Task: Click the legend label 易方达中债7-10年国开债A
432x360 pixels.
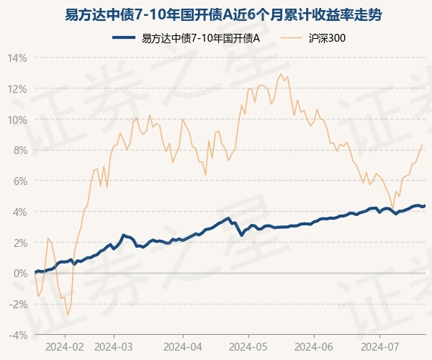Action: click(201, 38)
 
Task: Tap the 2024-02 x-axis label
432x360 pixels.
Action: click(65, 346)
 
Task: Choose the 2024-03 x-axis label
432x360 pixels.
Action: click(114, 346)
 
